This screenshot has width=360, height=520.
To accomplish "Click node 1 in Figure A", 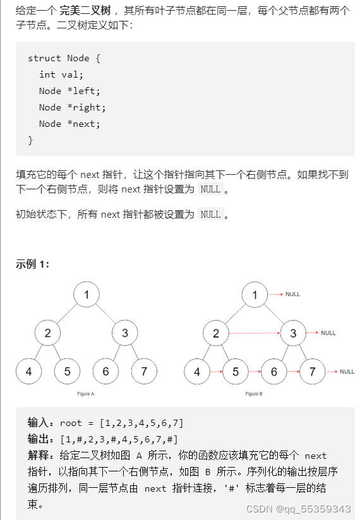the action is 87,295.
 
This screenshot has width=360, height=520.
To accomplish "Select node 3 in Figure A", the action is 125,333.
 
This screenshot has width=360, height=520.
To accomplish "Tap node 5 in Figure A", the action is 67,372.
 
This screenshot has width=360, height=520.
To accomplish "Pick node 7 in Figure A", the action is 144,372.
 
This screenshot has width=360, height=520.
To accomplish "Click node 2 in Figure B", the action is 216,333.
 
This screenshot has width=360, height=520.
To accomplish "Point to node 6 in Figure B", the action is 273,372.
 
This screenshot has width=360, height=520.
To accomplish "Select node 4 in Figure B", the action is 197,372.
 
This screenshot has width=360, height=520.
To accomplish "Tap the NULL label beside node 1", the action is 292,294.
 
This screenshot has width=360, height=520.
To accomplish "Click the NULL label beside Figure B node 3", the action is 328,333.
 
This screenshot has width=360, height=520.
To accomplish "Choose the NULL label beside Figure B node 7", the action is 347,372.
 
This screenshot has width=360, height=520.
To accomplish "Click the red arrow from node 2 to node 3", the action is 254,333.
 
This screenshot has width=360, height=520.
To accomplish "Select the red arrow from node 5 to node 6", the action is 255,372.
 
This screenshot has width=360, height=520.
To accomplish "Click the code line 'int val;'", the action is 56,74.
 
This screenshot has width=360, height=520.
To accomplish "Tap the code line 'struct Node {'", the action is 64,58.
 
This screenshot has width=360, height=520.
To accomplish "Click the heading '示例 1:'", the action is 33,264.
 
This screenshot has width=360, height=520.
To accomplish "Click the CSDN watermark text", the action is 298,509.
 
